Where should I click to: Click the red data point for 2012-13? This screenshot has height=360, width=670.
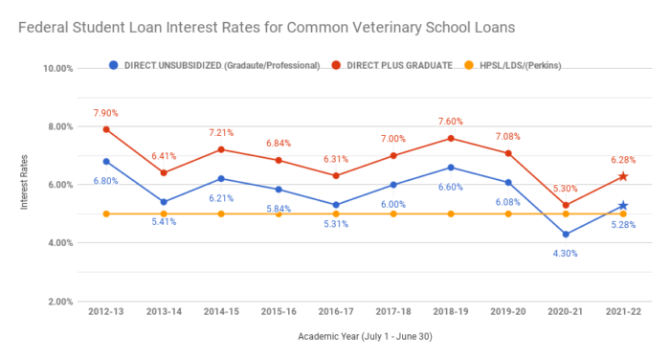(x=106, y=129)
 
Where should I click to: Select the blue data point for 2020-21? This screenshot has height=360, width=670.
(x=566, y=234)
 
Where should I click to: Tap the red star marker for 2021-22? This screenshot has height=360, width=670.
(x=623, y=176)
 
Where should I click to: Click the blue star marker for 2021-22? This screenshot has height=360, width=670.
(x=623, y=206)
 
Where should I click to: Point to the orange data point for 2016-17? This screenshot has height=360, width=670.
(x=336, y=214)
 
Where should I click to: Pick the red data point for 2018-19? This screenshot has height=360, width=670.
(x=451, y=138)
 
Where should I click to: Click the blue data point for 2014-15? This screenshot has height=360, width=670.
(x=221, y=178)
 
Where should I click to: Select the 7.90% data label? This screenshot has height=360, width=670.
(x=106, y=113)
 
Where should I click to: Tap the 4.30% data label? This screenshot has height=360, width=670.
(x=566, y=253)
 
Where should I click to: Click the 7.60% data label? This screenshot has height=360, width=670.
(x=451, y=122)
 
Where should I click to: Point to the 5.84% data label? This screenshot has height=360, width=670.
(x=279, y=208)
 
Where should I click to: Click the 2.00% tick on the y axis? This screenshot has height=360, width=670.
(x=59, y=302)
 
